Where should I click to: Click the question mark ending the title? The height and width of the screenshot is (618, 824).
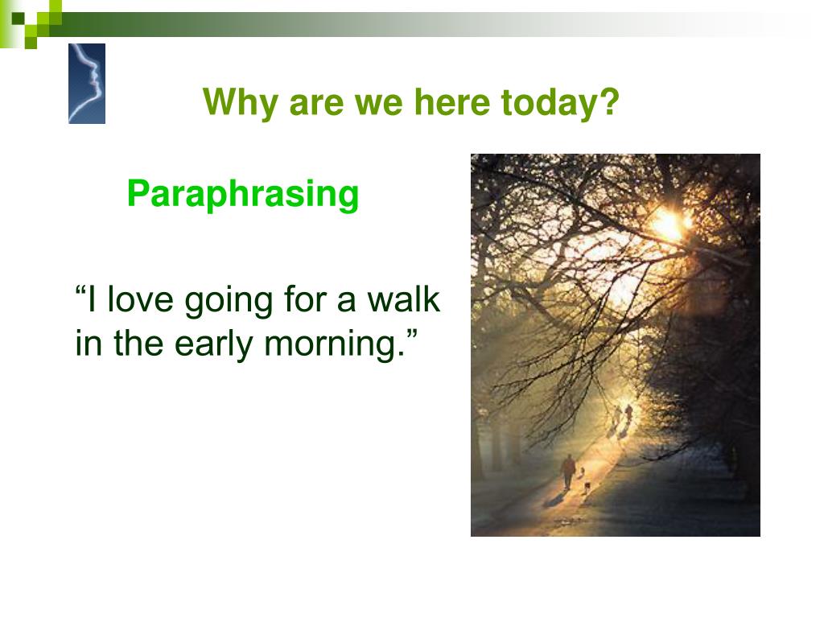tap(610, 101)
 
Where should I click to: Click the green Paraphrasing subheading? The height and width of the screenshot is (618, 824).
tap(243, 196)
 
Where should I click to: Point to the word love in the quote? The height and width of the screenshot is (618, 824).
tap(140, 299)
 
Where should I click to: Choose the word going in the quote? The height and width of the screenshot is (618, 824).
tap(229, 303)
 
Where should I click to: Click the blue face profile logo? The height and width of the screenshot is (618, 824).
tap(87, 84)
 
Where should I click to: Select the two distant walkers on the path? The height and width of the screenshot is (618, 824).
tap(622, 414)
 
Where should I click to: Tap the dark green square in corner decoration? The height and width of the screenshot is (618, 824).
tap(19, 19)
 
